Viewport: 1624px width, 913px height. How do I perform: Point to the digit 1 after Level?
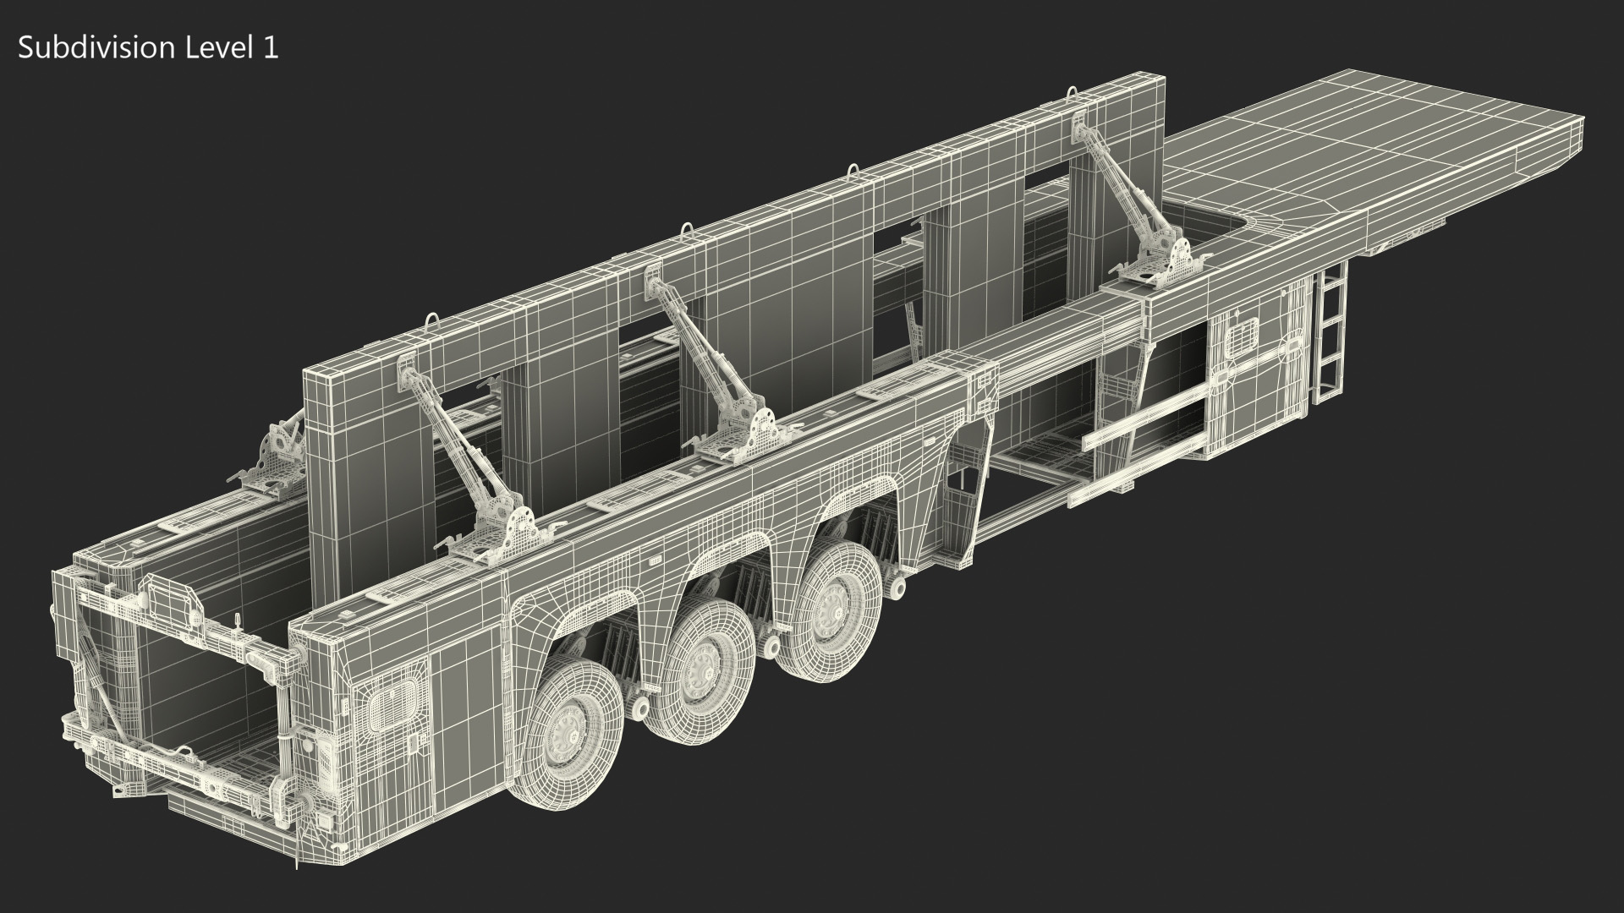pos(269,48)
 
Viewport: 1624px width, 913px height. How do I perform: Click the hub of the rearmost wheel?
pos(564,726)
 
